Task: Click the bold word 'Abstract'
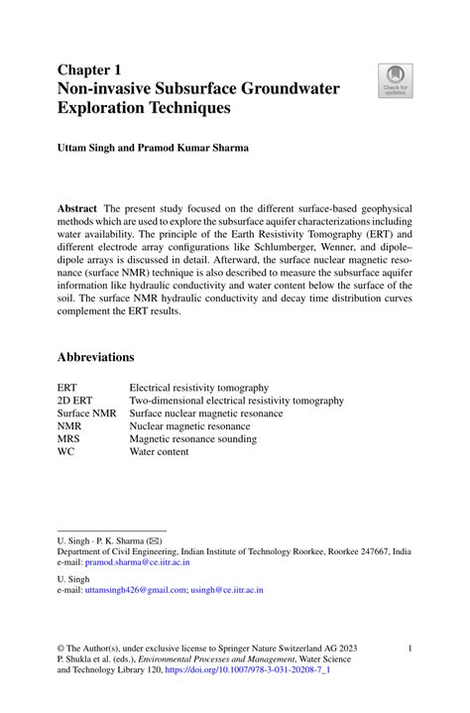[x=76, y=209]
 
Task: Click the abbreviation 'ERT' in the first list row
[x=66, y=388]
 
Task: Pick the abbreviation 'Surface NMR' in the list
[x=86, y=414]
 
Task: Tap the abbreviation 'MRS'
[x=68, y=438]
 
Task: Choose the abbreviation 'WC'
[x=65, y=451]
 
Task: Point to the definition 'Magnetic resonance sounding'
[x=194, y=438]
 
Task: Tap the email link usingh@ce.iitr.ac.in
[x=228, y=590]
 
